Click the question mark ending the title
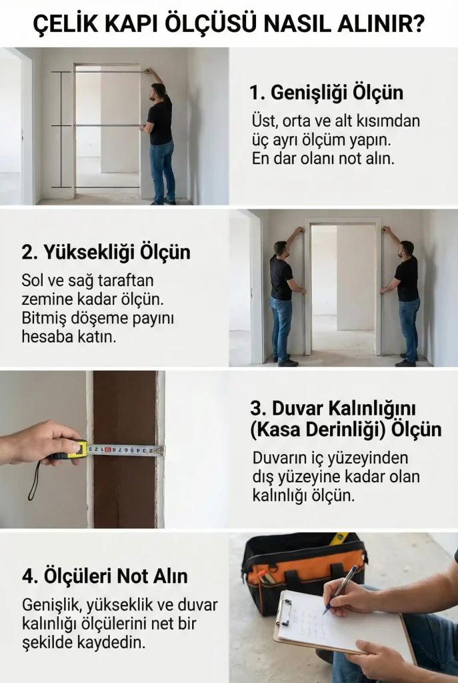coord(418,24)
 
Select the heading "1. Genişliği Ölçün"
coord(327,93)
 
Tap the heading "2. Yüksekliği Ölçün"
coord(106,253)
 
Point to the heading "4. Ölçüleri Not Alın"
coord(105,576)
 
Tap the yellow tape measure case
coord(77,450)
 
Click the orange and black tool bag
coord(304,566)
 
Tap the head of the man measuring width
coord(157,91)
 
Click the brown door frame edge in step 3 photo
coord(125,449)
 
